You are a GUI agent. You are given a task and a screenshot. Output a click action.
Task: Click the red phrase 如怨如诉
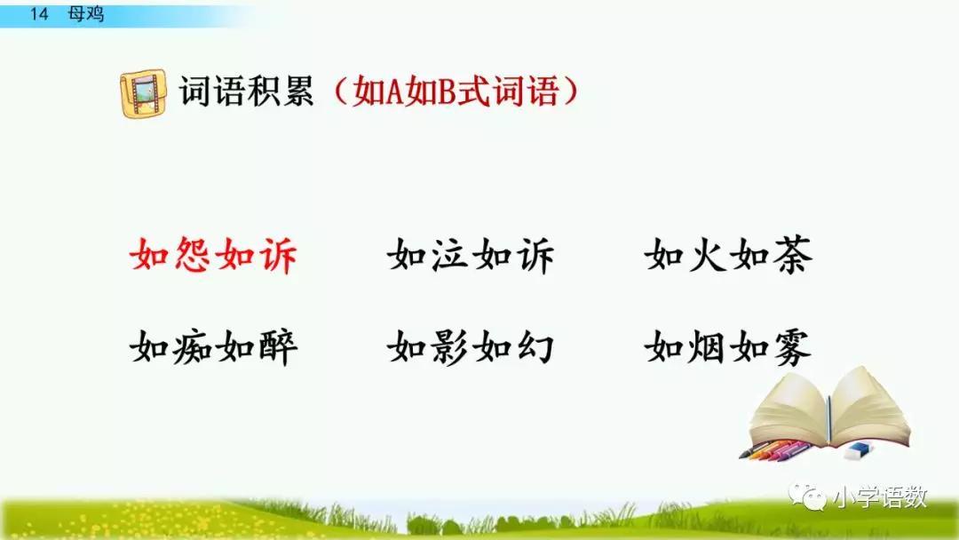click(213, 257)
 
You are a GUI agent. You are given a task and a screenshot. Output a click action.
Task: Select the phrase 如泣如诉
click(471, 257)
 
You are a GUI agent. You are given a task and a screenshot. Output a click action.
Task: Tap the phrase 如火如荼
click(728, 257)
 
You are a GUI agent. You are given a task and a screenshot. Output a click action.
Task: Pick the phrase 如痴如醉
click(213, 347)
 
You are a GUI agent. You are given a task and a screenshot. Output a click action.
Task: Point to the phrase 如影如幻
click(471, 347)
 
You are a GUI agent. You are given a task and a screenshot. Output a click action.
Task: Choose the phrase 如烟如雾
click(728, 347)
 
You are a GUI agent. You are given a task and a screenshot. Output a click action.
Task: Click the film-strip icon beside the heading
click(142, 92)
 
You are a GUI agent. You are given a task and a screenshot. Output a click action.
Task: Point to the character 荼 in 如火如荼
click(790, 257)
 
